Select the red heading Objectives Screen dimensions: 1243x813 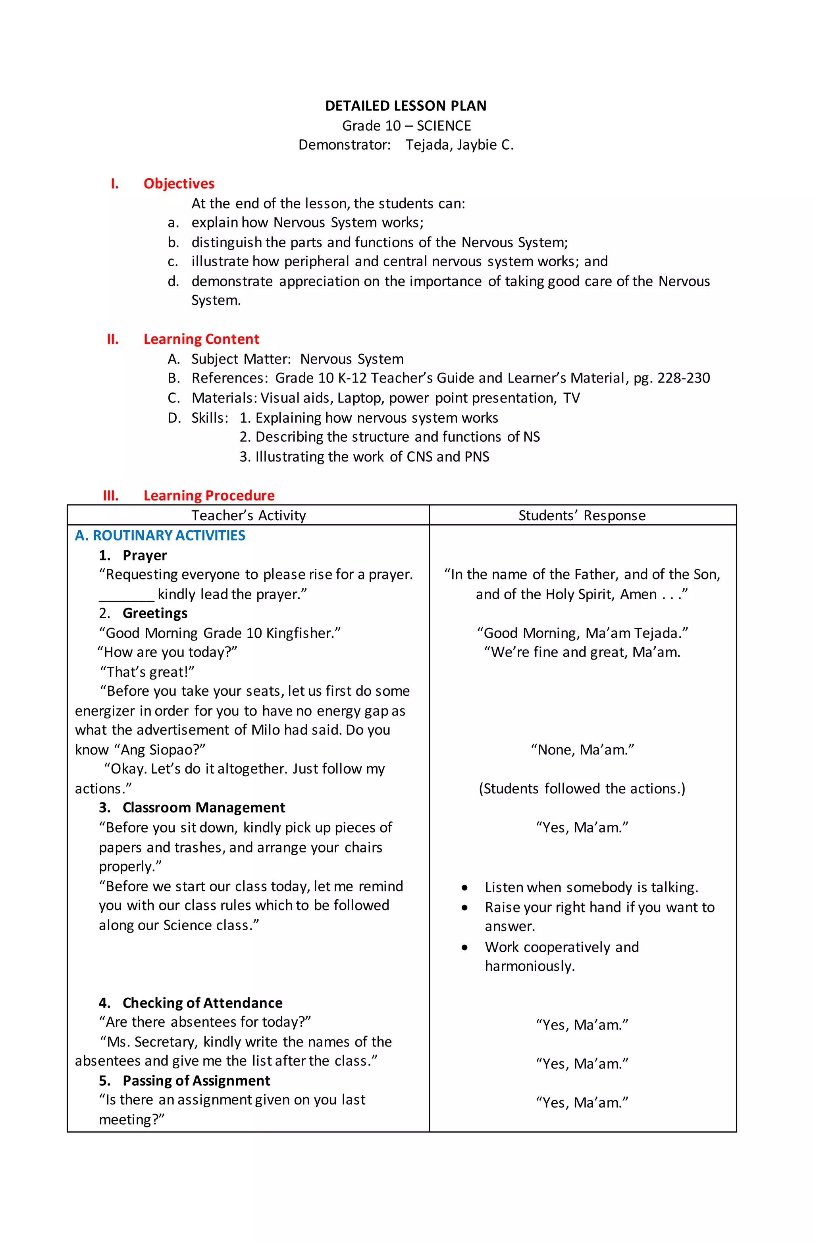pyautogui.click(x=179, y=184)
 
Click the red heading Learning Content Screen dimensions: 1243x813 pyautogui.click(x=201, y=339)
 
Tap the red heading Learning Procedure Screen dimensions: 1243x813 pyautogui.click(x=209, y=496)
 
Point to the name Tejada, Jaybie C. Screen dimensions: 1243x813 pyautogui.click(x=459, y=145)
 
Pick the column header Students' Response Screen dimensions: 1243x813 pyautogui.click(x=582, y=516)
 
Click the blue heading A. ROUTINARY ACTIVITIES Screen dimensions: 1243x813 pyautogui.click(x=160, y=536)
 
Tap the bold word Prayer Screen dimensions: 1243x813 pyautogui.click(x=145, y=555)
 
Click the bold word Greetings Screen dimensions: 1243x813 pyautogui.click(x=155, y=613)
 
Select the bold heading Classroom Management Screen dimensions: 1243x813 pyautogui.click(x=204, y=808)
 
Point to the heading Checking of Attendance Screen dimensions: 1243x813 pyautogui.click(x=202, y=1003)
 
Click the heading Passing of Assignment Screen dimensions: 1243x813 pyautogui.click(x=196, y=1081)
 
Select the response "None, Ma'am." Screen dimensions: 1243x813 pyautogui.click(x=582, y=750)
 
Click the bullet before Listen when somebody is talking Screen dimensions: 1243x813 pyautogui.click(x=464, y=888)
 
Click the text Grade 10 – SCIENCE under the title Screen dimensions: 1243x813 pyautogui.click(x=406, y=126)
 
